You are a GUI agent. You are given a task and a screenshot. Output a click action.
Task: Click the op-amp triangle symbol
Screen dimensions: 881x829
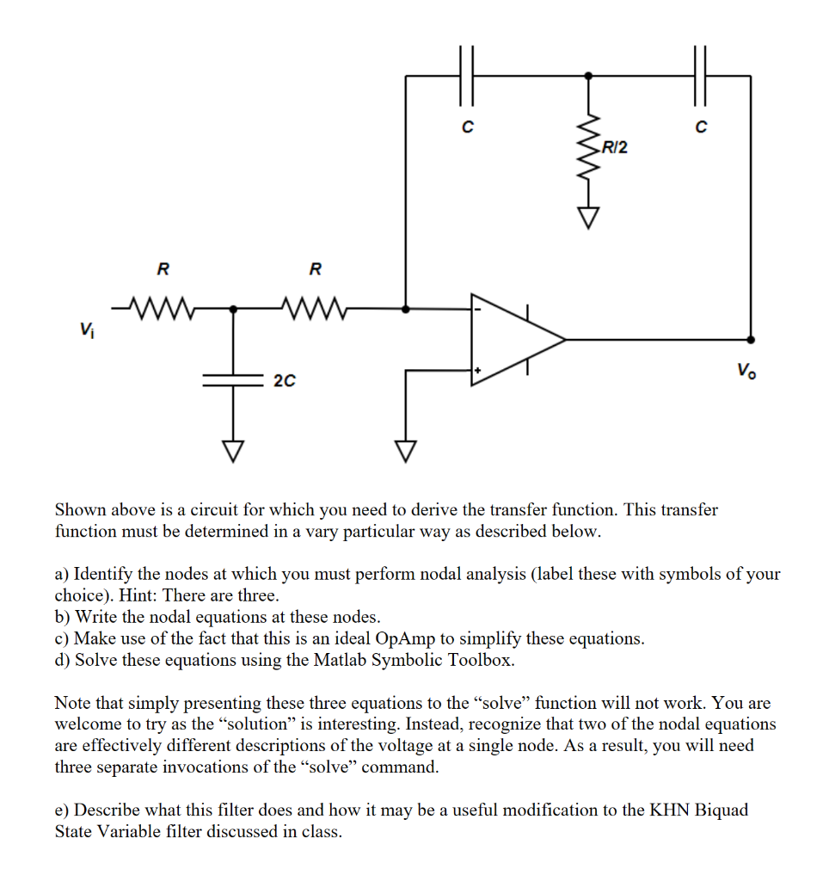pyautogui.click(x=512, y=339)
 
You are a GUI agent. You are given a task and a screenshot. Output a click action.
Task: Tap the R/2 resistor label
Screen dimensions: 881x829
pyautogui.click(x=615, y=148)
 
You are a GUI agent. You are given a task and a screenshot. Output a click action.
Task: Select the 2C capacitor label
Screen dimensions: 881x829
pyautogui.click(x=285, y=379)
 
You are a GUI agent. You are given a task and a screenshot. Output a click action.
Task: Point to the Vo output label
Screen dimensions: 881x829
pyautogui.click(x=746, y=372)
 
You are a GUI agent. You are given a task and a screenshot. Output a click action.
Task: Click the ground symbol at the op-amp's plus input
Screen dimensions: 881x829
pyautogui.click(x=406, y=448)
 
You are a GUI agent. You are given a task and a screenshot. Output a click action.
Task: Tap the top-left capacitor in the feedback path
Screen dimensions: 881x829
pyautogui.click(x=467, y=75)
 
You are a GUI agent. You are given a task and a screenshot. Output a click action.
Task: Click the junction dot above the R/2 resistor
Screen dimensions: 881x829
pyautogui.click(x=588, y=76)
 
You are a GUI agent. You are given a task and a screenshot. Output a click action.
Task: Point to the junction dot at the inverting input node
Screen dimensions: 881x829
pyautogui.click(x=406, y=307)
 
